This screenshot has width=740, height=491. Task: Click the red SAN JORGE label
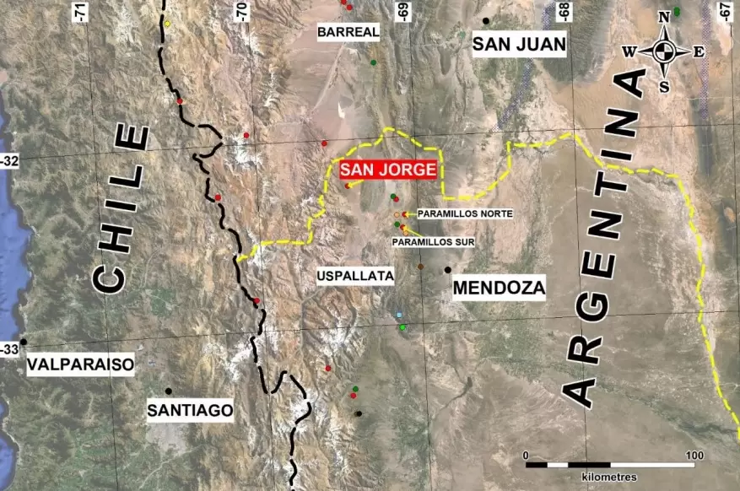[x=388, y=169]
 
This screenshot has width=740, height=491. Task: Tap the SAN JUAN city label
[x=519, y=45]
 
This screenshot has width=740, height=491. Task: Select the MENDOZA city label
[x=500, y=289]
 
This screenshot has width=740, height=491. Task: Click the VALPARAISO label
[x=80, y=364]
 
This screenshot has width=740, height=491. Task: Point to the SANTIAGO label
[x=189, y=410]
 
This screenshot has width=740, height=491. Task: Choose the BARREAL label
[x=348, y=32]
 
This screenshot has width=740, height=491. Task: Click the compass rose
[x=664, y=51]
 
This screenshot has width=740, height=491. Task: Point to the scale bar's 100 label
[x=694, y=456]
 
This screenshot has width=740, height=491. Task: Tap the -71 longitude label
[x=80, y=11]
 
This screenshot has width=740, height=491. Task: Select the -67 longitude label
[x=725, y=11]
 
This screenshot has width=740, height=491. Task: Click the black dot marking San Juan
[x=485, y=20]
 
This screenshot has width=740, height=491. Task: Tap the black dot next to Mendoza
[x=447, y=270]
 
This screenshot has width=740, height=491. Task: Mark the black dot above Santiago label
[x=169, y=391]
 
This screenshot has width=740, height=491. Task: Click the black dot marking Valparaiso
[x=24, y=342]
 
